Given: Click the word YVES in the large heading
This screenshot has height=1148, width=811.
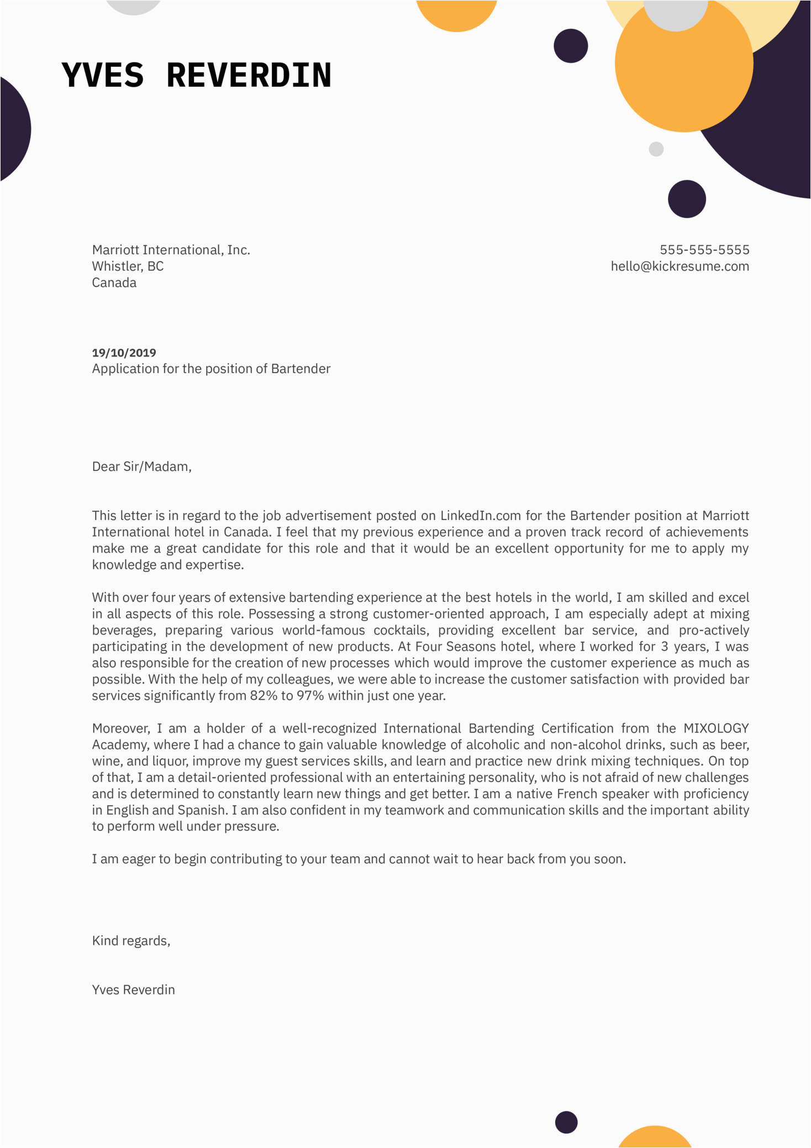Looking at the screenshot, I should pos(103,75).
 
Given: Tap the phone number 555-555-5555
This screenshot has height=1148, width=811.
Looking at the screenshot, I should pos(704,250).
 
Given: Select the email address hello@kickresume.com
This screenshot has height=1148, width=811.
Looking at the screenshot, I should pos(680,266).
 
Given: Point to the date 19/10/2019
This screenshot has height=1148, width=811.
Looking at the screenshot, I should pos(124,353).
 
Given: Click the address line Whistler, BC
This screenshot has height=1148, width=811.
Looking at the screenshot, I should pos(128,266).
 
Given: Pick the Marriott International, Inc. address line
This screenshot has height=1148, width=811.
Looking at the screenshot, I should pos(171,250).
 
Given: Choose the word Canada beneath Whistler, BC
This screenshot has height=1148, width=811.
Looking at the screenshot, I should pos(114,283).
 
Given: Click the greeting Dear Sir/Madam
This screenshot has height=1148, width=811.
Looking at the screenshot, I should pos(141,466).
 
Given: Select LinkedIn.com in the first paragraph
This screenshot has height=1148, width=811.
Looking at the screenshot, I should pos(480,516).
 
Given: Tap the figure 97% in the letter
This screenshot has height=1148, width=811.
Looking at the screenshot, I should pos(310,696).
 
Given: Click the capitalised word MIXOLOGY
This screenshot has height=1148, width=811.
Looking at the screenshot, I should pos(716,728).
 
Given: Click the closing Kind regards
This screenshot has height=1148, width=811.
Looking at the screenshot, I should pos(131,941).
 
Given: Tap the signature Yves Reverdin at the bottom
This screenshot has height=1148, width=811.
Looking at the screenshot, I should pos(133,990).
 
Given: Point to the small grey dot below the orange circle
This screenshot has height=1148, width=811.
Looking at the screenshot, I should pos(656,149).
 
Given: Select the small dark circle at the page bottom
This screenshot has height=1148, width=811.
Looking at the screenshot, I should pos(566,1122).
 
